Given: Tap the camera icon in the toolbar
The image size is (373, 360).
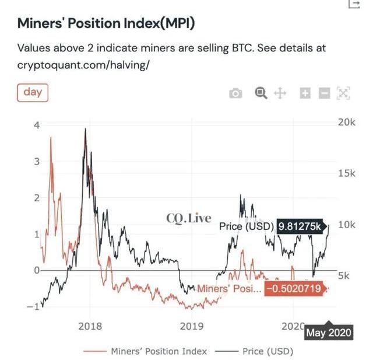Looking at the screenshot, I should pos(235,93).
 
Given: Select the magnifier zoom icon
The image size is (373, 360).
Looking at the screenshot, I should pos(261,93).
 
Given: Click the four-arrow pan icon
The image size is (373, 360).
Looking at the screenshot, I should pos(280,93).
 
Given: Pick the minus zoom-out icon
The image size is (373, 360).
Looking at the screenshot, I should pos(325,93).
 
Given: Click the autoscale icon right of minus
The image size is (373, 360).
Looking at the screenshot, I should pos(344,93).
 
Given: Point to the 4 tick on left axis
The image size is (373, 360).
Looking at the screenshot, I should pos(37,125).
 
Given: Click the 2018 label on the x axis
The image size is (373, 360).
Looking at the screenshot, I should pos(90,326).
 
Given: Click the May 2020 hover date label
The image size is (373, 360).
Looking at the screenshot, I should pos(329,333).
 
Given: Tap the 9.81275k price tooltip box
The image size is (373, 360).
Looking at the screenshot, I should pos(300,226).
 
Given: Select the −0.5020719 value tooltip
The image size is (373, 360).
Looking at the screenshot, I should pos(293,288).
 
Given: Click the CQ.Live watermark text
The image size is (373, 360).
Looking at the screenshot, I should pos(189,218).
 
